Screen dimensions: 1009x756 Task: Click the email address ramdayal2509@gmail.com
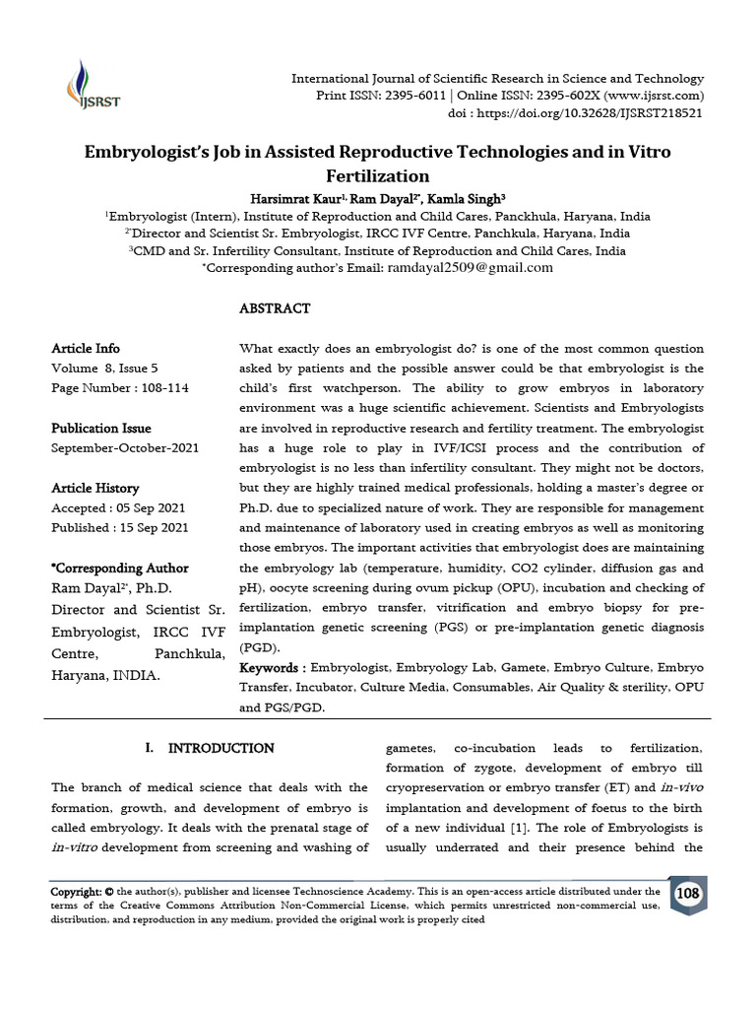click(470, 267)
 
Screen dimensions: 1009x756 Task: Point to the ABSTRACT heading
click(275, 308)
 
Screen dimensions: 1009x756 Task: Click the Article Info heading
click(86, 349)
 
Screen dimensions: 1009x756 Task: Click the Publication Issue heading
click(101, 429)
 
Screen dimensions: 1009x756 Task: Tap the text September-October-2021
click(125, 448)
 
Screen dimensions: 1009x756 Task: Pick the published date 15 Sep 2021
click(155, 528)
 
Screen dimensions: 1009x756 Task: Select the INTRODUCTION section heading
click(221, 748)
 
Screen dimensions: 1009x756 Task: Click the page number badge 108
click(687, 894)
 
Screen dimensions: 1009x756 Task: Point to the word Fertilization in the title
click(377, 176)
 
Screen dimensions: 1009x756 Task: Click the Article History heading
click(95, 489)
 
